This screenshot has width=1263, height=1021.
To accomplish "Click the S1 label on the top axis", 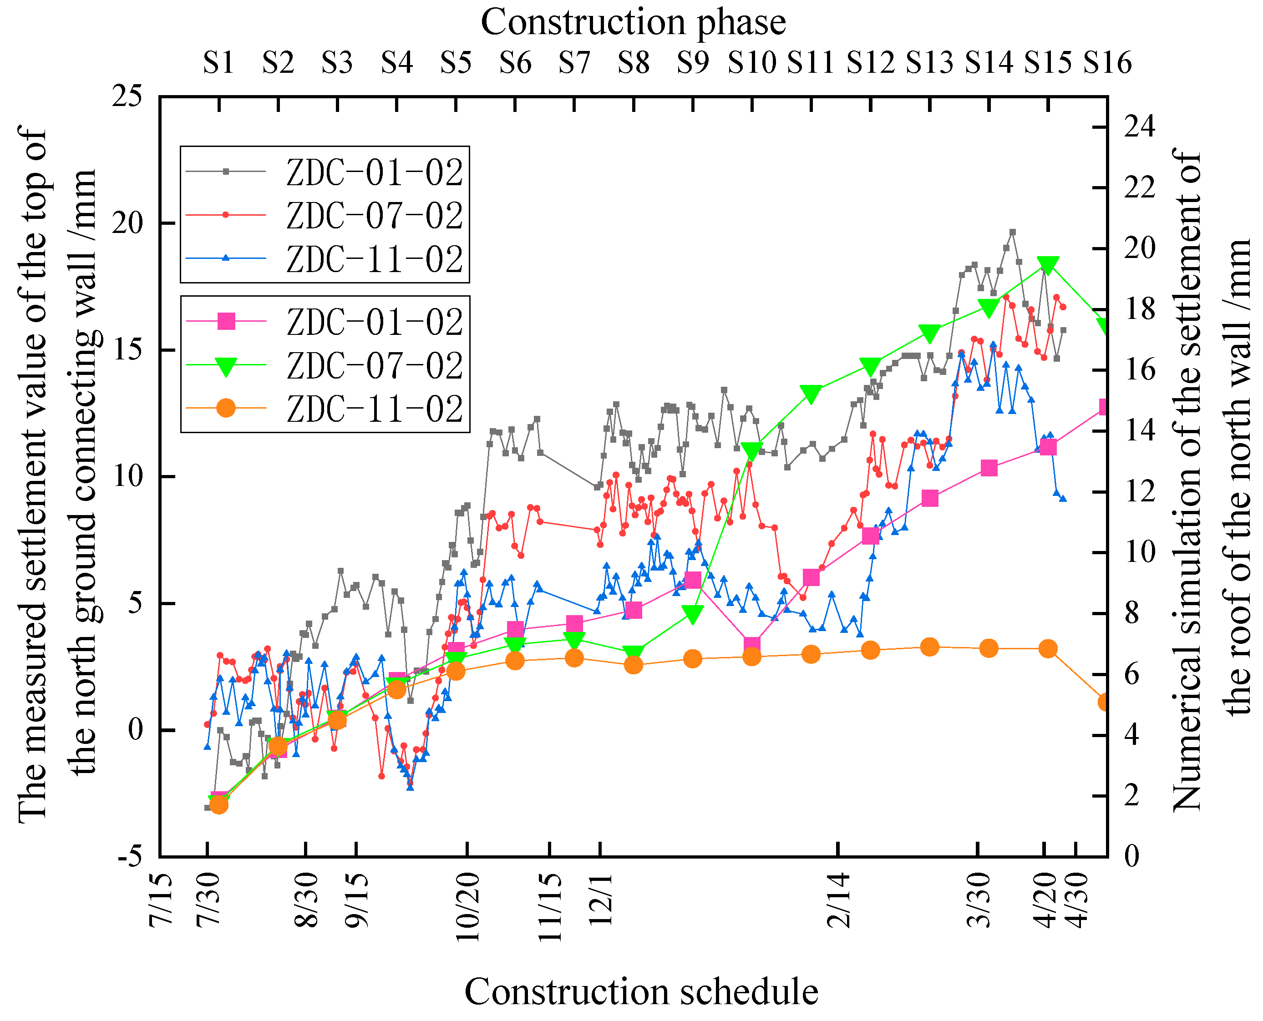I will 219,62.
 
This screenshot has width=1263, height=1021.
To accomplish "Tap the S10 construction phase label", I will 752,62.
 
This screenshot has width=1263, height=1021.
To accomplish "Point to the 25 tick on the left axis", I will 127,96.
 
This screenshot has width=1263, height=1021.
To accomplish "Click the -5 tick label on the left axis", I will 130,856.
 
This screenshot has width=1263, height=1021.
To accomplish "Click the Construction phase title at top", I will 633,22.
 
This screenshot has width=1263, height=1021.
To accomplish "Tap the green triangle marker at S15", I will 1048,265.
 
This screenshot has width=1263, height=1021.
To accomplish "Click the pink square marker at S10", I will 752,645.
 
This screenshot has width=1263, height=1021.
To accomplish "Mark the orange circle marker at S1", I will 219,804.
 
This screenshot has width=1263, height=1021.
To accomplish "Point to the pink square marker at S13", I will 930,499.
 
